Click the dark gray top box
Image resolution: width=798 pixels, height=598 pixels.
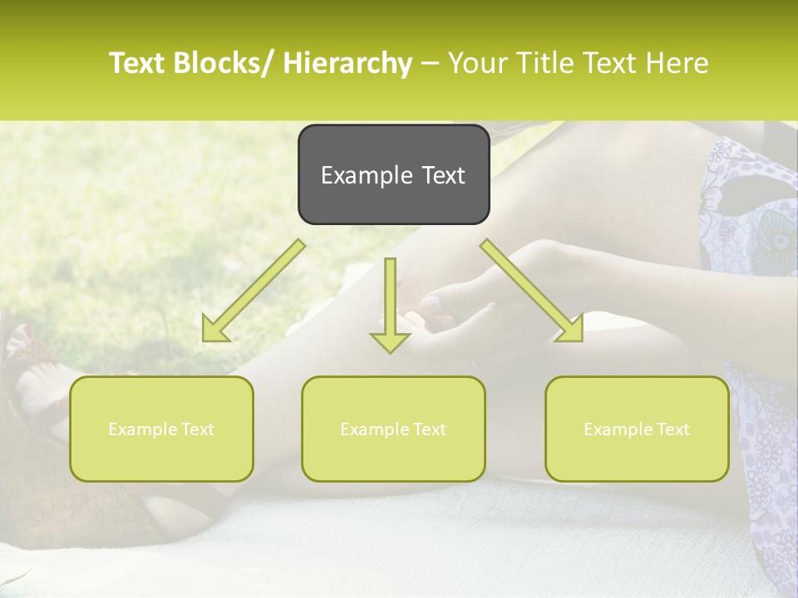click(393, 174)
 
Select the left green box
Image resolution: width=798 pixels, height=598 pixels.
click(161, 429)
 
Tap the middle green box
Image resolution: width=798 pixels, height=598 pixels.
click(393, 429)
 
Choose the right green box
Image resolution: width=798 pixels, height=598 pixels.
click(637, 429)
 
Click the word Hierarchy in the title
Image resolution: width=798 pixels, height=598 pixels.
click(347, 63)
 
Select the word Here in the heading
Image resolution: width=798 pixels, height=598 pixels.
click(680, 63)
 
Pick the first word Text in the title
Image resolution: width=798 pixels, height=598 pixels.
click(138, 63)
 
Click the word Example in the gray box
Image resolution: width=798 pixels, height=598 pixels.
click(355, 175)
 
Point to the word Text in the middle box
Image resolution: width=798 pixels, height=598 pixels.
click(427, 429)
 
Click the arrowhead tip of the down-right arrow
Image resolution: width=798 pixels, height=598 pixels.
click(581, 340)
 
